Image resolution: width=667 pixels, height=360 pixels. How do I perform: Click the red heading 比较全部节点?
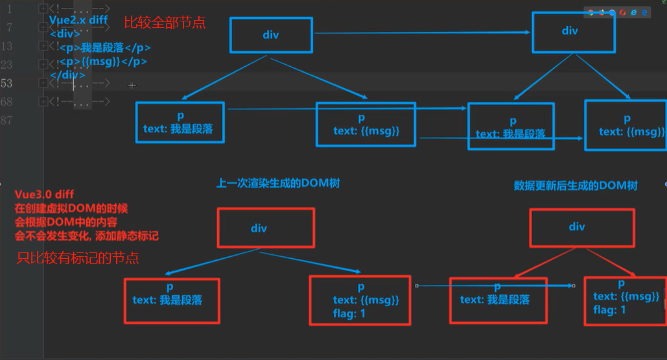coord(165,23)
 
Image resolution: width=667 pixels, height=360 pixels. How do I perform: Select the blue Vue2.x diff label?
coord(78,20)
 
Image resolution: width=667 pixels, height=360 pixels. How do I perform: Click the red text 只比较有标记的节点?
coord(78,259)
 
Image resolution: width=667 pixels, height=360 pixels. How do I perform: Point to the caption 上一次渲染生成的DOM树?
coord(277,184)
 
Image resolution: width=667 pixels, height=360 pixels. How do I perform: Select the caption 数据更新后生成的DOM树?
coord(576,186)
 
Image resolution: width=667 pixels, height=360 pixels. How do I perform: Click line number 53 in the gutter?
coord(6,83)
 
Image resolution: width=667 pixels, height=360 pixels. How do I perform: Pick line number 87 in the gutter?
coord(6,120)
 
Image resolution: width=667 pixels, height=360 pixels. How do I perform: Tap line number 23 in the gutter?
coord(6,64)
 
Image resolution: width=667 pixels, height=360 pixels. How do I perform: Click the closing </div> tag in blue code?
coord(67,75)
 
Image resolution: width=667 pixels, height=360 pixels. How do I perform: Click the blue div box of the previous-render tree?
coord(270,35)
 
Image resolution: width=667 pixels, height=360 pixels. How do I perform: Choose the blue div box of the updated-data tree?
coord(570,31)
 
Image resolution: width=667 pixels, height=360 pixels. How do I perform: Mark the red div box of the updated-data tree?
coord(576,227)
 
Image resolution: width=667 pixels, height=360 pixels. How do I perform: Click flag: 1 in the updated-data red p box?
coord(610,310)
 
